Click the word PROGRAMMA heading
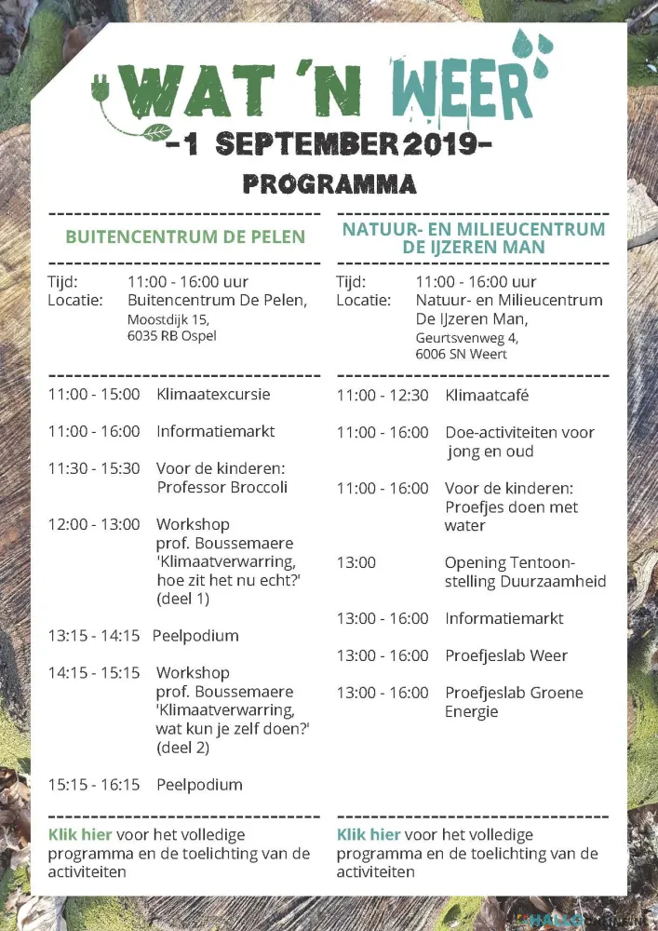[x=329, y=183]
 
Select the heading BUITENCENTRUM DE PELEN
[x=185, y=236]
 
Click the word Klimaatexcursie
[x=213, y=394]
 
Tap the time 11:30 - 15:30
[x=94, y=468]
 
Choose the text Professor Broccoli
[x=222, y=487]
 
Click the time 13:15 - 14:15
[x=94, y=636]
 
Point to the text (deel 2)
[x=182, y=748]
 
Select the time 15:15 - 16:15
[x=94, y=785]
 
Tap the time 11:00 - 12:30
[x=383, y=395]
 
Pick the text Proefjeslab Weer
[x=505, y=655]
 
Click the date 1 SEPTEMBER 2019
[x=329, y=144]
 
